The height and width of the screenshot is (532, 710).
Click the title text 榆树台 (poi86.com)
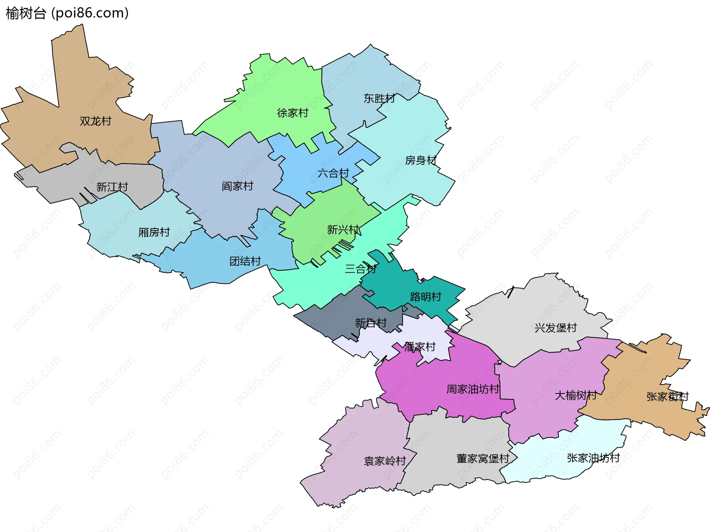pos(67,13)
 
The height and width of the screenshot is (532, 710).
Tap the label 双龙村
pos(95,121)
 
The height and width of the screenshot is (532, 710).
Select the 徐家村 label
pos(293,113)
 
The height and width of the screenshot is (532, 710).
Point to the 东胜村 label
pos(379,99)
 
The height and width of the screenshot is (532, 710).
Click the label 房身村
pos(421,160)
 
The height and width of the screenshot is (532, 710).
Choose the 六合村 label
pos(333,173)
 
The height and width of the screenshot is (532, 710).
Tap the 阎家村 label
pos(237,186)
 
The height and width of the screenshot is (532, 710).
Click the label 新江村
pos(112,187)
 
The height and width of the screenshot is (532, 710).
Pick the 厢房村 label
pos(154,232)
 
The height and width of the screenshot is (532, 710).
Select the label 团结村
pos(245,262)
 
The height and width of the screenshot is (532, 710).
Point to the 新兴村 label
pos(343,230)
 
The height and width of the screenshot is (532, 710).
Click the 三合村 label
pos(361,269)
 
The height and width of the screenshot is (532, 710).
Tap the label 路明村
pos(426,297)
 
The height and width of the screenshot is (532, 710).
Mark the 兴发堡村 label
pos(555,328)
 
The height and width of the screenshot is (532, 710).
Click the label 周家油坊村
pos(473,389)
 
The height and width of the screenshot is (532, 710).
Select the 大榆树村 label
pos(575,396)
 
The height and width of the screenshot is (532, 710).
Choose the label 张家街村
pos(667,397)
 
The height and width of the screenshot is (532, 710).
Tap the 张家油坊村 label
pos(593,458)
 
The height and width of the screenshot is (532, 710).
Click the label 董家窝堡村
pos(483,459)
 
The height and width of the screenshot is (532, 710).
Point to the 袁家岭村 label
pos(385,461)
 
